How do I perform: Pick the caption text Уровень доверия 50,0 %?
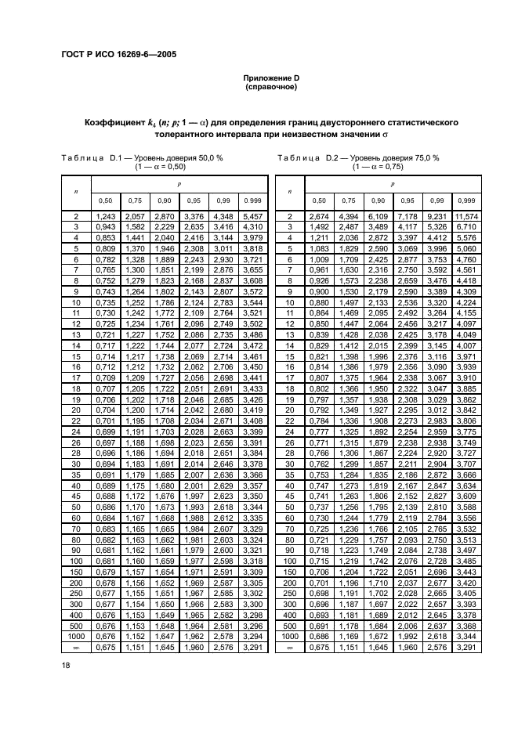coord(182,157)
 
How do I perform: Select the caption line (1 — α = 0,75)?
coord(378,167)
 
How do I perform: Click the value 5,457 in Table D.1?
coord(252,215)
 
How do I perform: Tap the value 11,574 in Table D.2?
coord(465,215)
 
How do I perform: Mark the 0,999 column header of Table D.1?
coord(252,200)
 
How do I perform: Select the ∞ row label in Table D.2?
coord(290,648)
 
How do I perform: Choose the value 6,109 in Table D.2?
coord(378,215)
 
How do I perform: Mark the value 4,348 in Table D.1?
coord(223,215)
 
